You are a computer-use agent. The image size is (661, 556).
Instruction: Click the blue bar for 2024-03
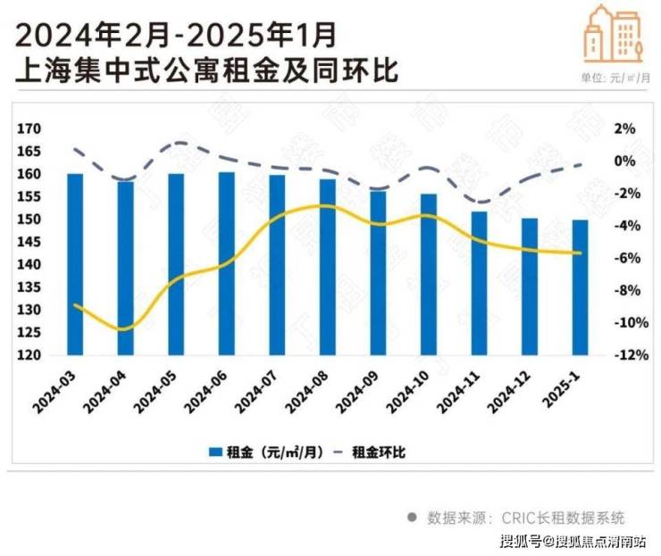coord(75,263)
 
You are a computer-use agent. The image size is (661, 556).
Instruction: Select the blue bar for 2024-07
coord(278,264)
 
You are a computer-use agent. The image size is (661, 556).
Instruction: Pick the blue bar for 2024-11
coord(480,283)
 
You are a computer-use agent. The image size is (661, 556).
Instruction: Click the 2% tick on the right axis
coord(623,129)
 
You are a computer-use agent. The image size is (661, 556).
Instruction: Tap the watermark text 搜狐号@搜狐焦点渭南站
coord(576,541)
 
